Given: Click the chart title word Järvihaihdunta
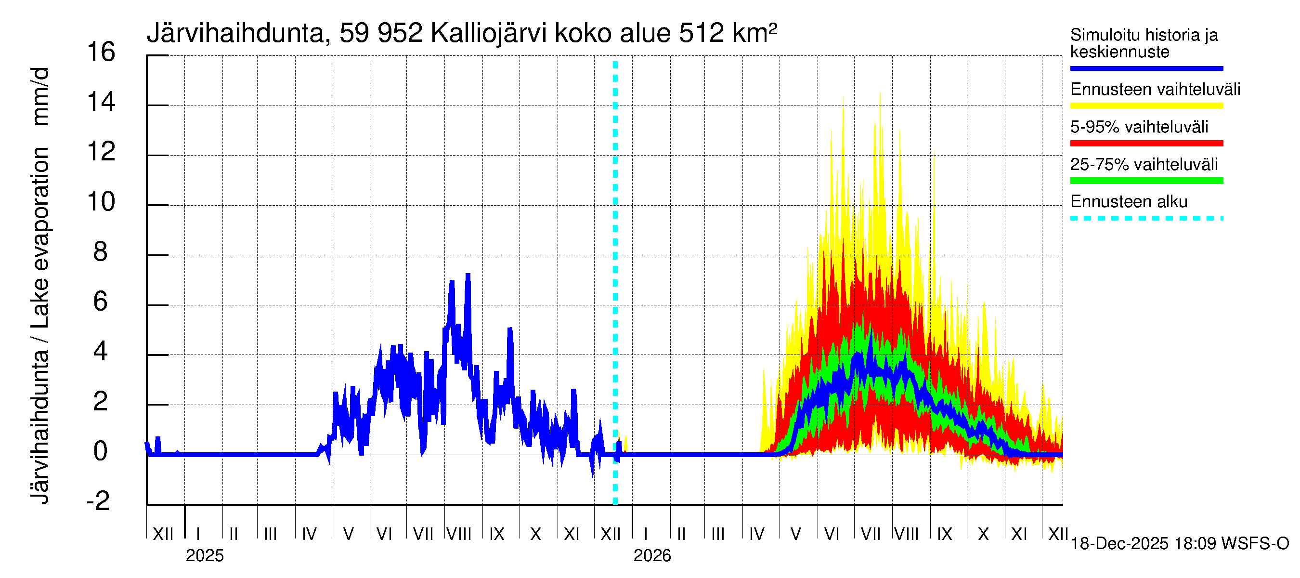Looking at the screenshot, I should [x=235, y=33].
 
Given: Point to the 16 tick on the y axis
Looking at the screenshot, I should [x=101, y=52].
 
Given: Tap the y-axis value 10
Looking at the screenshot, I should [x=101, y=202].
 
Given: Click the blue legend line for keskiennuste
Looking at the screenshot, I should [x=1146, y=68].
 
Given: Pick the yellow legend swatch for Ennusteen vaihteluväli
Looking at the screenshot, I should [x=1146, y=106].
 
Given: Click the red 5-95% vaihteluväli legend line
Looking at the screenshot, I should [x=1146, y=144].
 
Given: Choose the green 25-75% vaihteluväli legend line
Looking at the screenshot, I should [x=1146, y=181].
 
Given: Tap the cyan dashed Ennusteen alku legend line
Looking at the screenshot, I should [x=1146, y=219].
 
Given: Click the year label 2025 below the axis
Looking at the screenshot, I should [x=204, y=556].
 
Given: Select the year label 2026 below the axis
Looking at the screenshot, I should [x=652, y=556].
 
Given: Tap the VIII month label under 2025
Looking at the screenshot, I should [x=459, y=534].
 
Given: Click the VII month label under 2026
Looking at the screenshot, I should [x=871, y=534].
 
